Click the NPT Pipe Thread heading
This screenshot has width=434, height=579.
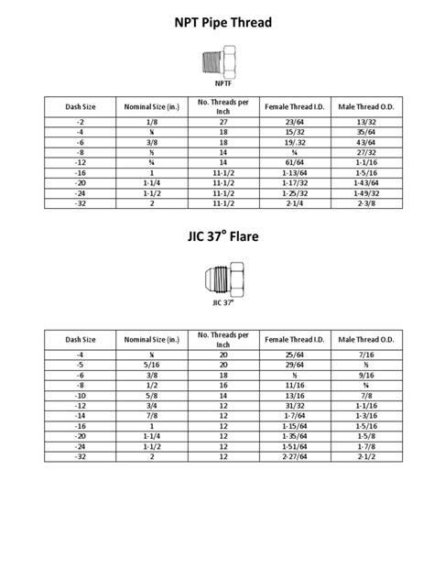pyautogui.click(x=217, y=22)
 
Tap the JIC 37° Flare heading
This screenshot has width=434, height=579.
pyautogui.click(x=217, y=236)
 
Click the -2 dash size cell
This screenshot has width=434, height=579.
pyautogui.click(x=80, y=121)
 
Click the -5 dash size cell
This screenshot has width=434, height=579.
pyautogui.click(x=80, y=364)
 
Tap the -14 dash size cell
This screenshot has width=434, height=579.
pyautogui.click(x=80, y=414)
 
